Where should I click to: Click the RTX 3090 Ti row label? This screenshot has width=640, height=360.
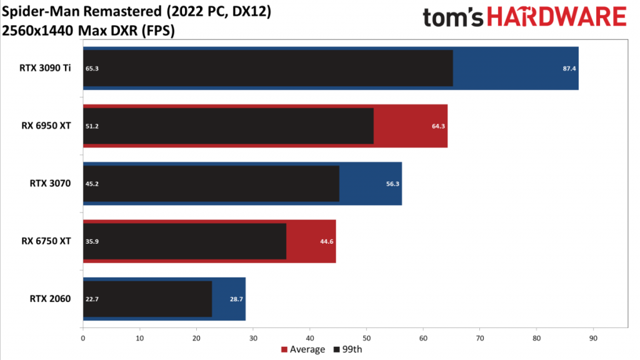point(45,68)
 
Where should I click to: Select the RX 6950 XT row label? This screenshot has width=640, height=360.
point(46,126)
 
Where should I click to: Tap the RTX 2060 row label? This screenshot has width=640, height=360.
point(50,299)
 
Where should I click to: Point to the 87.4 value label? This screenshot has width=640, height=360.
point(569,69)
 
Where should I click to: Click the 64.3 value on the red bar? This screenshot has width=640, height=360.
point(438,126)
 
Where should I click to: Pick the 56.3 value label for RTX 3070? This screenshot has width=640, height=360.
point(392,184)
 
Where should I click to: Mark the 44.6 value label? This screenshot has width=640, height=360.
point(326,242)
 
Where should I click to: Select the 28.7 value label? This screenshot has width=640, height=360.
point(236,299)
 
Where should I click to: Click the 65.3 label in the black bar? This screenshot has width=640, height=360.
point(92,69)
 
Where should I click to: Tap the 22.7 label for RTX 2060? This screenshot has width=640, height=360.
point(92,299)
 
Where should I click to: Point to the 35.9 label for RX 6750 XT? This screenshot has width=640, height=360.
point(92,242)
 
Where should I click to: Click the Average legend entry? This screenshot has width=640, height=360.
point(303,349)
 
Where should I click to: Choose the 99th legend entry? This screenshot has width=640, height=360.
point(347,349)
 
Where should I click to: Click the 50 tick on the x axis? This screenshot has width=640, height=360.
point(366,338)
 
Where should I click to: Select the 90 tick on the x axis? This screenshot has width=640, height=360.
point(593,338)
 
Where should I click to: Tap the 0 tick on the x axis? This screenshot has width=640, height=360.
point(83,338)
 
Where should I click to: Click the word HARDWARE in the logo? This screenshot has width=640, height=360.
point(557,17)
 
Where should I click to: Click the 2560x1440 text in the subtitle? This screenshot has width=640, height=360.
point(38,31)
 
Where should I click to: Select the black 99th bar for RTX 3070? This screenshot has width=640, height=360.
point(211,184)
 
